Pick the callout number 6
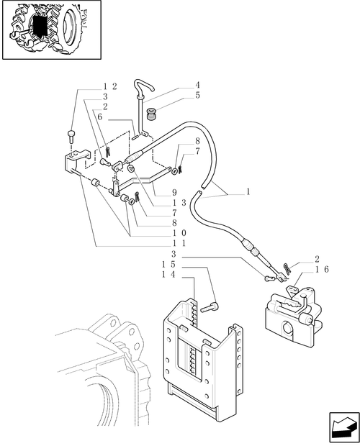(99, 117)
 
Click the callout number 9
(174, 193)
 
